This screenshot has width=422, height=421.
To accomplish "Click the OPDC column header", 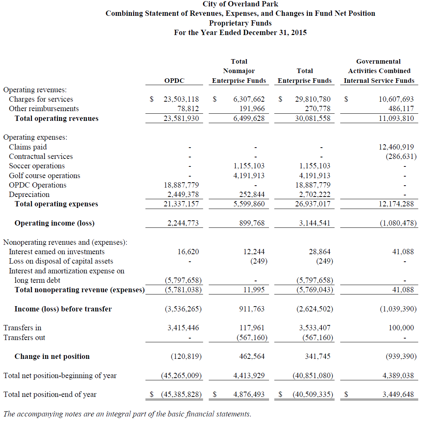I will pyautogui.click(x=174, y=81).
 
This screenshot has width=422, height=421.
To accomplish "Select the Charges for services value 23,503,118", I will pyautogui.click(x=181, y=99).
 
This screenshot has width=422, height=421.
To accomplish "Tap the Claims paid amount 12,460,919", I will pyautogui.click(x=396, y=147).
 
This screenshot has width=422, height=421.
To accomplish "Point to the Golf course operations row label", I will pyautogui.click(x=44, y=176).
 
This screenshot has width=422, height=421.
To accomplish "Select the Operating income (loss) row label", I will pyautogui.click(x=54, y=223).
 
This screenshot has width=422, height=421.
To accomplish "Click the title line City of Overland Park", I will pyautogui.click(x=240, y=4).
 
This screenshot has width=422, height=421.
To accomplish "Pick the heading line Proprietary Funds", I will pyautogui.click(x=240, y=23).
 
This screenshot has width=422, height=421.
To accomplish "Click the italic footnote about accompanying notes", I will pyautogui.click(x=127, y=414).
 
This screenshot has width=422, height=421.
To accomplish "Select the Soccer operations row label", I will pyautogui.click(x=37, y=166).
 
